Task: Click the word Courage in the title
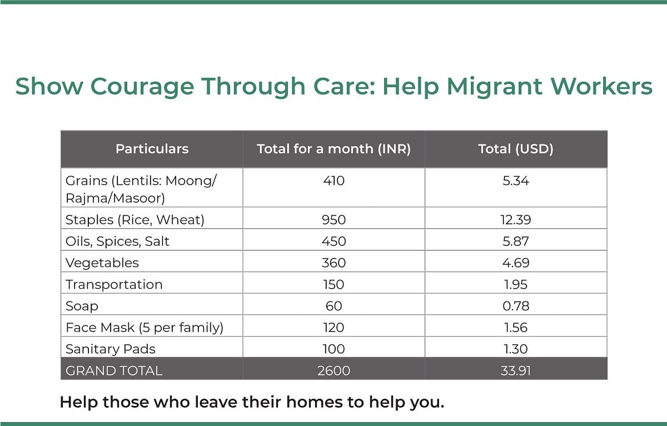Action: [x=142, y=87]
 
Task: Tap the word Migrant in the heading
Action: [x=494, y=87]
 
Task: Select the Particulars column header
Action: [x=152, y=149]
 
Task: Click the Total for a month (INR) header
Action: [x=334, y=149]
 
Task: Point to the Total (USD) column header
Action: [x=515, y=149]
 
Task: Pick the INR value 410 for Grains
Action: [x=334, y=181]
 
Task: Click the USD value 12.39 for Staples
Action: [x=515, y=220]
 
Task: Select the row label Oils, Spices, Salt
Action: [x=117, y=241]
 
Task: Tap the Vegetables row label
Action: [x=102, y=263]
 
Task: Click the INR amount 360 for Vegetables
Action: [x=334, y=263]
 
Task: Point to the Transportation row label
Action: [x=114, y=284]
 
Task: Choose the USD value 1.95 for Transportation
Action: [x=515, y=284]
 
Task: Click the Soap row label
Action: [x=82, y=306]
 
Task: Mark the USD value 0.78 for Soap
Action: [x=515, y=306]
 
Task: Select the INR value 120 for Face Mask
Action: [x=333, y=327]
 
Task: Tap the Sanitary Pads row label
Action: [x=111, y=349]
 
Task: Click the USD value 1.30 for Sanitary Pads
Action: [x=515, y=349]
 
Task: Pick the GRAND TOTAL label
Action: [x=114, y=371]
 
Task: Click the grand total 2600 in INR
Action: [x=334, y=371]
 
